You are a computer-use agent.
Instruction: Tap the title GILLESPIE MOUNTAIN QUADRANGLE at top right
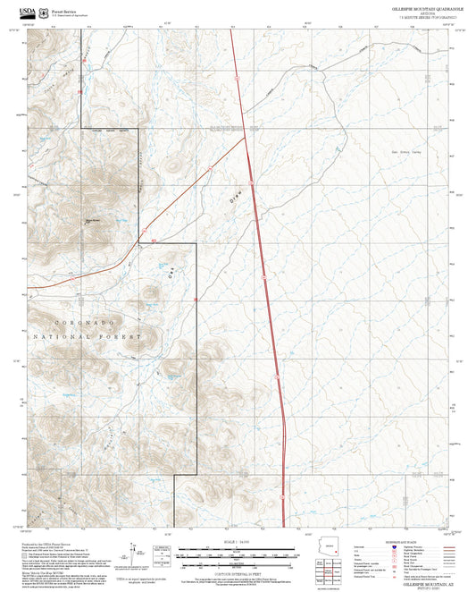pos(419,7)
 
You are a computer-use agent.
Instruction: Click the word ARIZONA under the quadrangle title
pos(419,13)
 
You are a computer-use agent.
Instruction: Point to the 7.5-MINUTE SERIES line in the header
pos(419,17)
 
